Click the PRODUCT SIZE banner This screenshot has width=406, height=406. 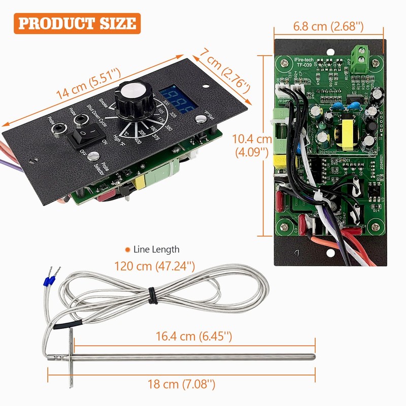(x=77, y=23)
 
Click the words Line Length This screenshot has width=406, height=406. (x=156, y=249)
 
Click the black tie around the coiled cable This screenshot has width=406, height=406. (x=152, y=296)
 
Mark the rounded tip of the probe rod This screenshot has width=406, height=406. (x=313, y=357)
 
